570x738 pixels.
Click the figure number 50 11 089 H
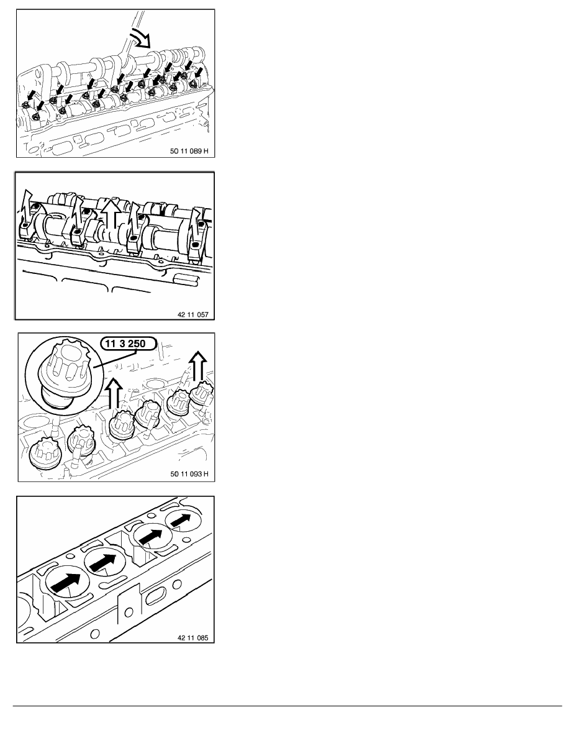pyautogui.click(x=189, y=151)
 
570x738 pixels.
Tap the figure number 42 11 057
pyautogui.click(x=193, y=314)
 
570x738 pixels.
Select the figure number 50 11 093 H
pyautogui.click(x=189, y=474)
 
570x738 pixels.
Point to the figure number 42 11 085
pyautogui.click(x=193, y=638)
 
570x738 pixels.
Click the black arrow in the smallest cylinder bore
pyautogui.click(x=181, y=520)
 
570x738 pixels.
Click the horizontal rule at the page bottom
pyautogui.click(x=287, y=706)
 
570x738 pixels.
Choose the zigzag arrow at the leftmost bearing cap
pyautogui.click(x=28, y=209)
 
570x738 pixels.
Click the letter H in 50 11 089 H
pyautogui.click(x=206, y=151)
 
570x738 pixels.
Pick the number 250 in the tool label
pyautogui.click(x=137, y=344)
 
